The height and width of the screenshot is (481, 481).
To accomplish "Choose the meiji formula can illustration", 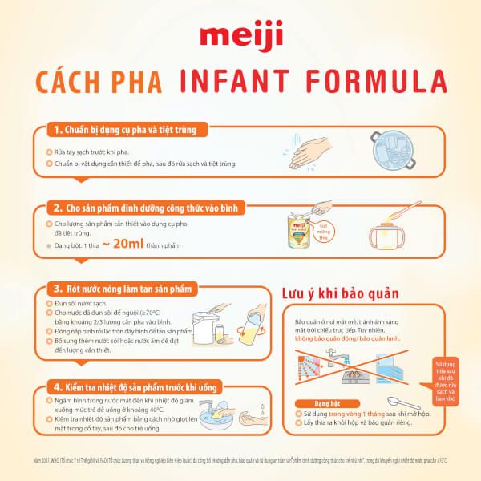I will pyautogui.click(x=301, y=232).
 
